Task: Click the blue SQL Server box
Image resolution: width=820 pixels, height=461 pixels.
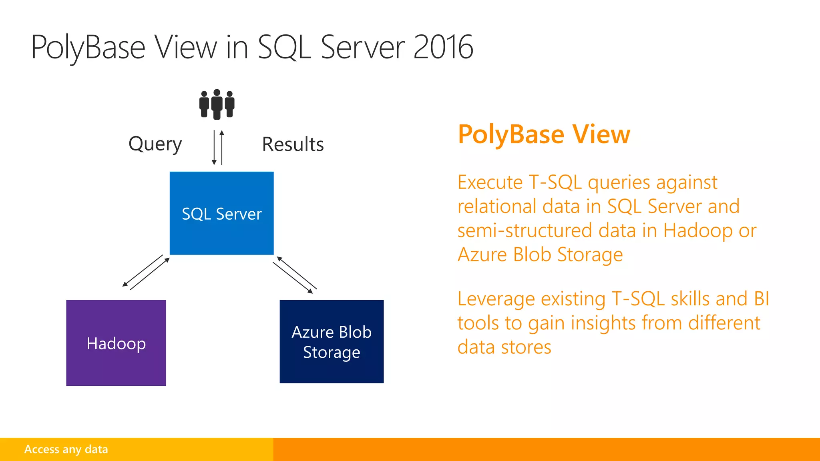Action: pos(221,213)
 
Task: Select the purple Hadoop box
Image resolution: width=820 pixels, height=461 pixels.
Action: pos(116,343)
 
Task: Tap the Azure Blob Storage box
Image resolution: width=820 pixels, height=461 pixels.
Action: pos(332,341)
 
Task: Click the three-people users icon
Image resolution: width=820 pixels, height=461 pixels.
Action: pos(217,104)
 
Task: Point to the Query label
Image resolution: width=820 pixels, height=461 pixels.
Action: pos(155,144)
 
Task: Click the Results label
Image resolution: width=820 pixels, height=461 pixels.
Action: pos(293,144)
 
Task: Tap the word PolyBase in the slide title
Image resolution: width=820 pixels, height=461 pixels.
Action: pos(88,47)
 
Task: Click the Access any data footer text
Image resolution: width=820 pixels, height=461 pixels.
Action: pos(66,449)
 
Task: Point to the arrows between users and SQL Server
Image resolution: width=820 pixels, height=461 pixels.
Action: pos(218,147)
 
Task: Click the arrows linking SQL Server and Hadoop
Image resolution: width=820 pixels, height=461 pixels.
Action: pos(146,272)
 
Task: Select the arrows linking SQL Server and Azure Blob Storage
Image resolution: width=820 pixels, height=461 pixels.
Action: pos(295,275)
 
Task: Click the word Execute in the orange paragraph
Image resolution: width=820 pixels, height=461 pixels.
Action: pos(490,182)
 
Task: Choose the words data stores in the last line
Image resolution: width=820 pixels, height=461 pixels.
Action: pos(504,347)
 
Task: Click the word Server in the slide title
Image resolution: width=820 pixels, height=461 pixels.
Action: pos(363,47)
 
